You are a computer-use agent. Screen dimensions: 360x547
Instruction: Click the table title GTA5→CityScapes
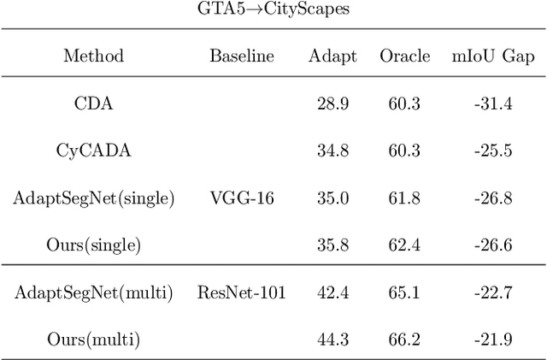[273, 10]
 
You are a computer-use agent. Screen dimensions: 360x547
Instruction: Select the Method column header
[94, 56]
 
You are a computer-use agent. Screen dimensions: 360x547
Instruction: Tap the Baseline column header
[242, 56]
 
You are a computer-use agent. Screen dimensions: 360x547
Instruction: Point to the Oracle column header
[404, 56]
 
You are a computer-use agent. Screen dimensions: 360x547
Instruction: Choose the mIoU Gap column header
[492, 56]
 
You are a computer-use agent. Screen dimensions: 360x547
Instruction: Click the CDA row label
[94, 103]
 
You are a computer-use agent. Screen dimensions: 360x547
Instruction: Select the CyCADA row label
[94, 150]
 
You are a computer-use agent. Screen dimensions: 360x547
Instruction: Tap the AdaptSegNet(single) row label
[94, 198]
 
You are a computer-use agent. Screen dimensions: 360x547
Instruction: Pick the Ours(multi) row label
[94, 339]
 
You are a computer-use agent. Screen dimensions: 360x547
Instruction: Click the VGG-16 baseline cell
[242, 198]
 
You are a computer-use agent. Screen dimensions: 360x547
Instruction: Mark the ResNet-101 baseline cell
[242, 292]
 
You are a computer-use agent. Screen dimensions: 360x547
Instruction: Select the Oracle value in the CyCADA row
[404, 150]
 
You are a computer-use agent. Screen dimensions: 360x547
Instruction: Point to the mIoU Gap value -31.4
[492, 103]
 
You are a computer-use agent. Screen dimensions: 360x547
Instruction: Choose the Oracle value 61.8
[404, 198]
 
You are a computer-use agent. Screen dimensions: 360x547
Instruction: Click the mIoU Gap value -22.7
[492, 292]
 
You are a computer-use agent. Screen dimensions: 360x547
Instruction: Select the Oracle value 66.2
[404, 339]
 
